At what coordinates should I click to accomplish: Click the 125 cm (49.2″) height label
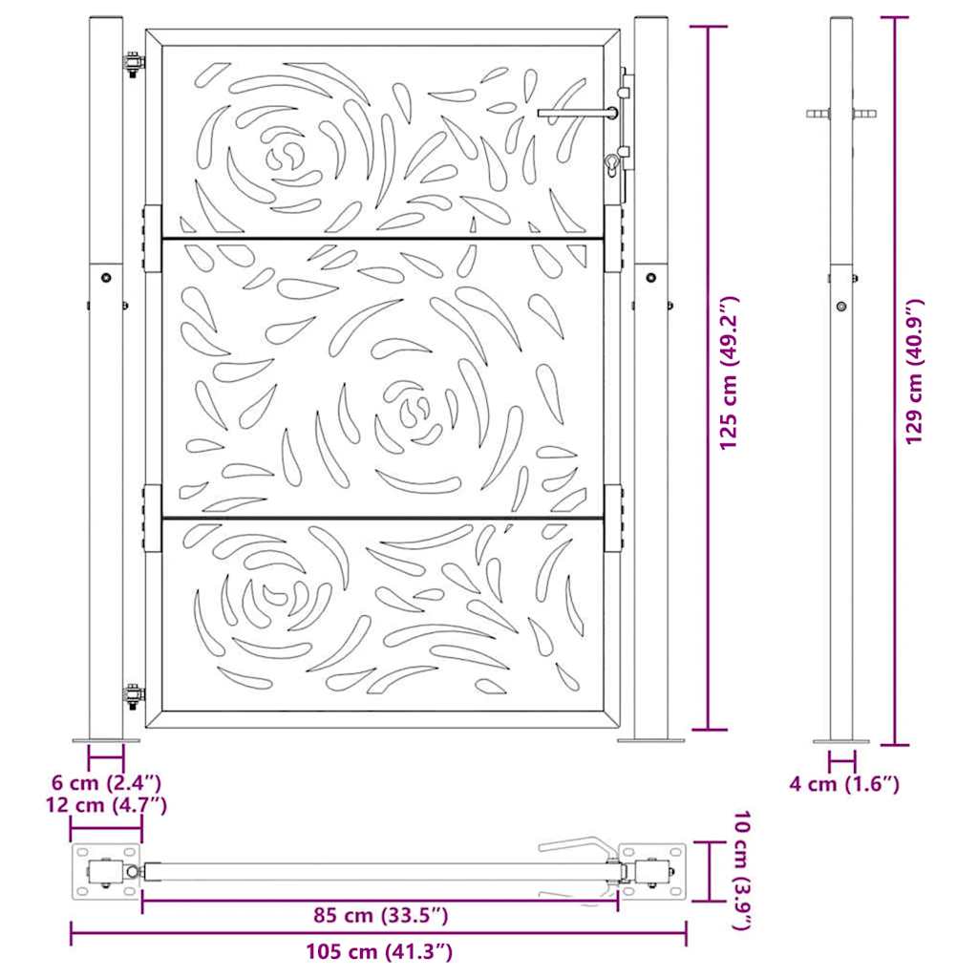tap(728, 373)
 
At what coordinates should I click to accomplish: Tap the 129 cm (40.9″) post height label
tap(915, 372)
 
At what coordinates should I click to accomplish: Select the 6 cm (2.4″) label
tap(107, 782)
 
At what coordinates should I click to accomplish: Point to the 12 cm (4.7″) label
tap(106, 805)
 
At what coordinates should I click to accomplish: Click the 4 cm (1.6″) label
tap(844, 784)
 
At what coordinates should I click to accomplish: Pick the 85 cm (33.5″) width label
tap(380, 916)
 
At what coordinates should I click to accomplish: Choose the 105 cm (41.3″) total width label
tap(378, 952)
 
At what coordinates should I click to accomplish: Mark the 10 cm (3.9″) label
tap(742, 871)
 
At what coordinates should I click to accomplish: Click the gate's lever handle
tap(578, 113)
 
